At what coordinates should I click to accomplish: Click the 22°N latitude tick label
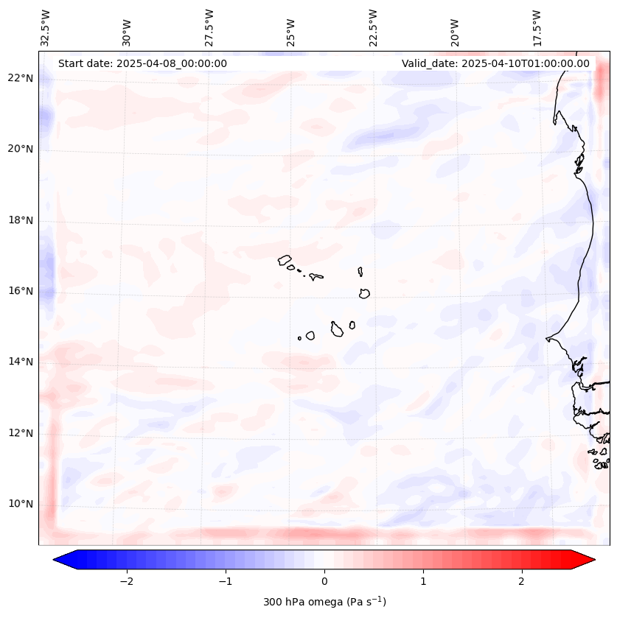(x=19, y=78)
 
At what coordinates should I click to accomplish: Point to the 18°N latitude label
(x=19, y=220)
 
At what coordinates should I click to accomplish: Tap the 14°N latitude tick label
(x=19, y=362)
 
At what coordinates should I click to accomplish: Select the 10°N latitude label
(x=19, y=504)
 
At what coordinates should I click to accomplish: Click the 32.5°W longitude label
(x=46, y=27)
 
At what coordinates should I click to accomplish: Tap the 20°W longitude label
(x=455, y=32)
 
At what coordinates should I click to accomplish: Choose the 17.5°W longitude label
(x=537, y=27)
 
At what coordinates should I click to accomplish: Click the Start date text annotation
(x=142, y=63)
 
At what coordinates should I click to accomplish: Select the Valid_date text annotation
(x=495, y=63)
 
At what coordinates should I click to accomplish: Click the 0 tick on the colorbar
(x=324, y=581)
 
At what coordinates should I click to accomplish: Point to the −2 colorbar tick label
(x=126, y=581)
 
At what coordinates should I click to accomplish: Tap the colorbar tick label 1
(x=423, y=581)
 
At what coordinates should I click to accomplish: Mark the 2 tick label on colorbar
(x=522, y=581)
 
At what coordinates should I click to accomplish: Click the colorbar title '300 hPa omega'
(x=324, y=602)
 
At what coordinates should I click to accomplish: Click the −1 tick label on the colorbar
(x=225, y=581)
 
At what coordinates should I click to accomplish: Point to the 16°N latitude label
(x=19, y=291)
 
